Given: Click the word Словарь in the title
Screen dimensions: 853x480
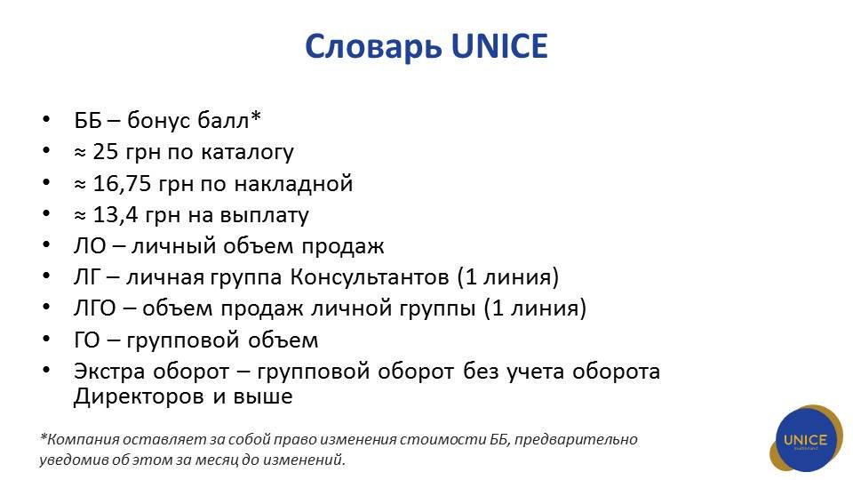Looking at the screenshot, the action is click(x=373, y=46).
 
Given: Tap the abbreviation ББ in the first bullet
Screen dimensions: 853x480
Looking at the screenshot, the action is click(x=88, y=120).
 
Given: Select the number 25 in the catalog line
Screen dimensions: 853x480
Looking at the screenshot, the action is click(x=105, y=152).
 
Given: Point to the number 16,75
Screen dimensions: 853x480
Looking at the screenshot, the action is click(x=122, y=184).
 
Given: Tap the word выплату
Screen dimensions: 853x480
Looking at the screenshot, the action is click(x=265, y=216).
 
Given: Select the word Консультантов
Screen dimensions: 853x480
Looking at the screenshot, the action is click(x=370, y=277).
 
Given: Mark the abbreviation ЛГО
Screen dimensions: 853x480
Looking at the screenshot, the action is click(x=95, y=308).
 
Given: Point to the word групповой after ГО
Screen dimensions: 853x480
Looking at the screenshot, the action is click(x=184, y=340).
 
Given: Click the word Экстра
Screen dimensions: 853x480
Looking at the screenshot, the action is click(x=108, y=372).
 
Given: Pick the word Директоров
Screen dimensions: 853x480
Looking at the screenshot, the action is click(x=139, y=396).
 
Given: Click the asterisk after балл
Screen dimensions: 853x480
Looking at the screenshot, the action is click(x=256, y=116).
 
